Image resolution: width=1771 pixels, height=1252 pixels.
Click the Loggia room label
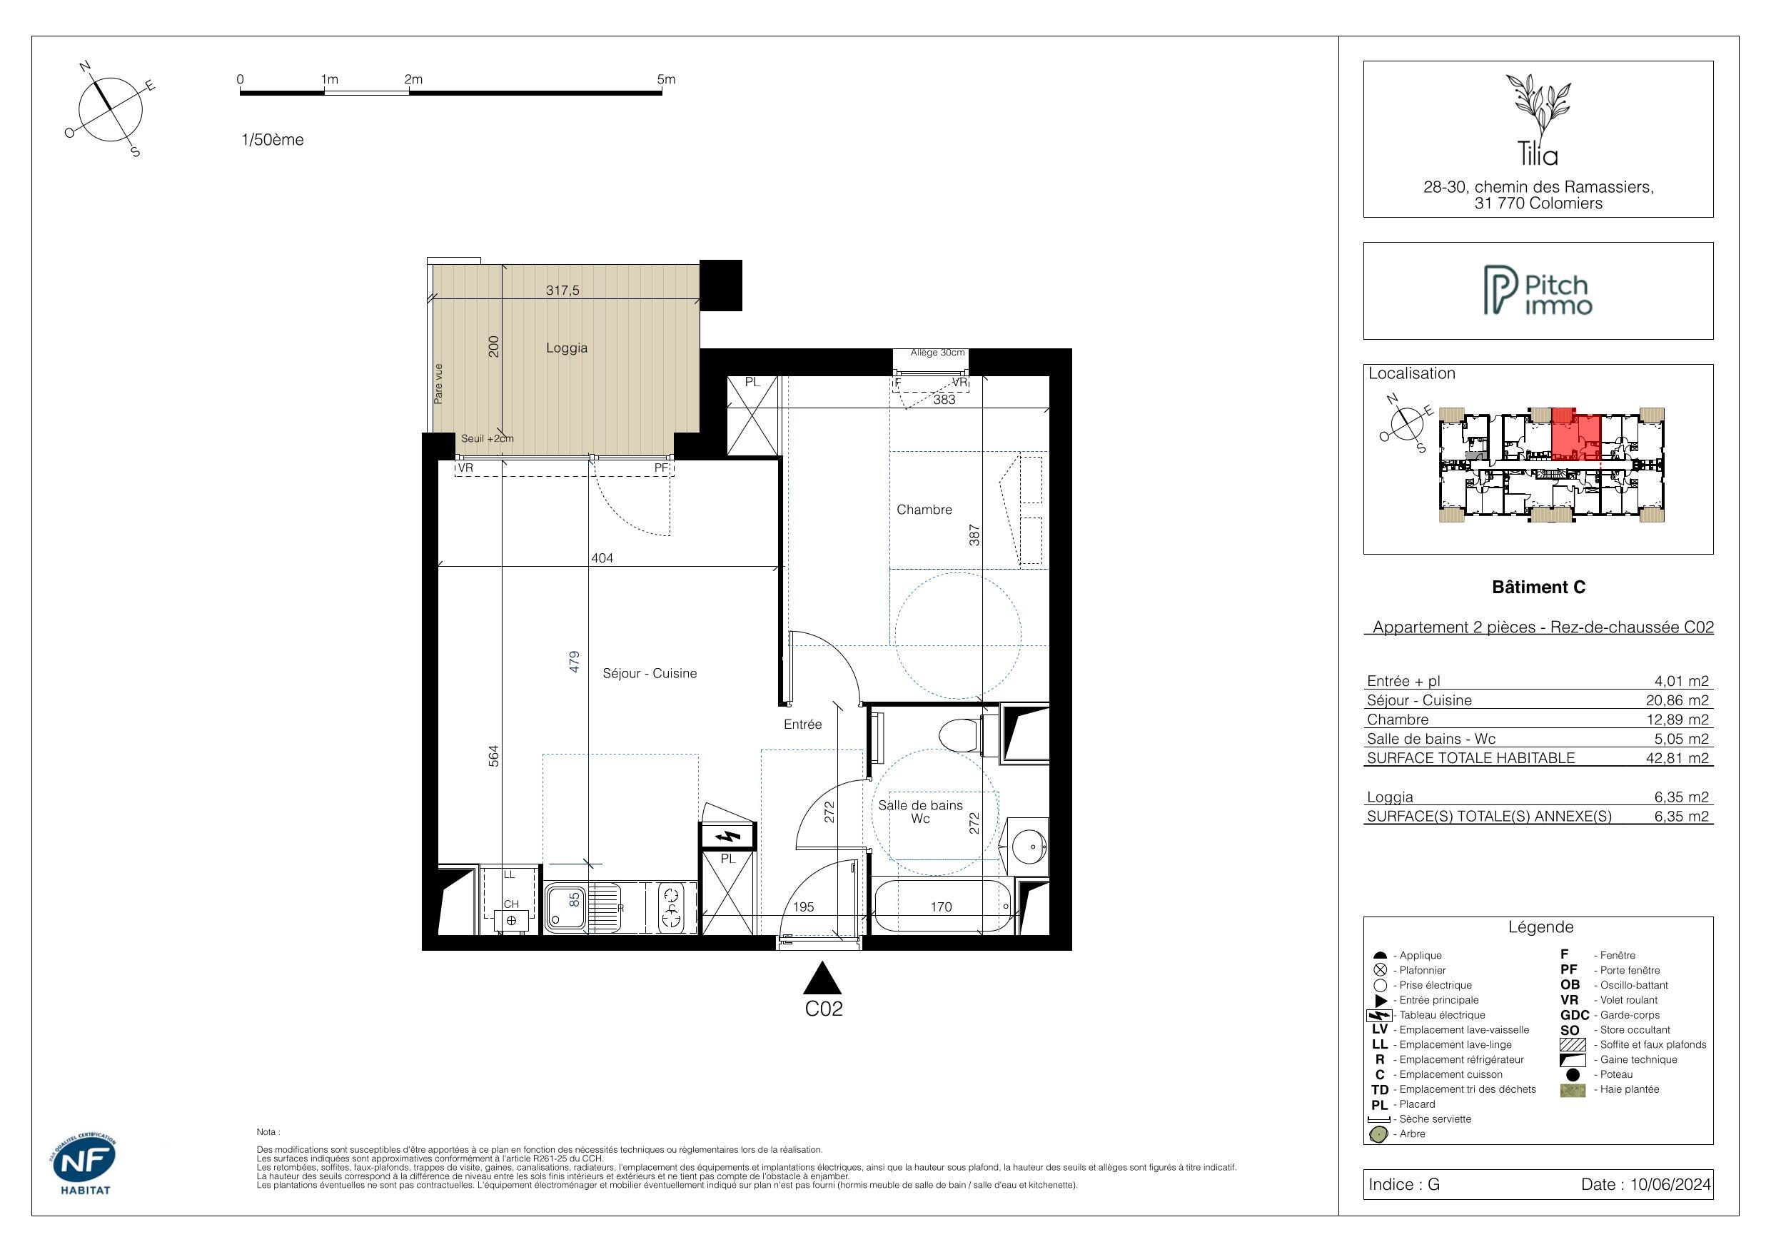pos(566,348)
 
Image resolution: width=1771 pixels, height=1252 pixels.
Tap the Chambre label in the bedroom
pos(924,510)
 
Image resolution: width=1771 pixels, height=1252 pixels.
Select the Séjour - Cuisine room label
pos(650,673)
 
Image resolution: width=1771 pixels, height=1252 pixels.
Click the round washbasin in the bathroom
pos(1028,847)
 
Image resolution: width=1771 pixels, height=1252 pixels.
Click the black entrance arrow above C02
pos(822,977)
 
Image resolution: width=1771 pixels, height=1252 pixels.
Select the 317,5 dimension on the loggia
pos(562,291)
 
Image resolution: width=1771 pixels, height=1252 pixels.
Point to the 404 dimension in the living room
pos(602,557)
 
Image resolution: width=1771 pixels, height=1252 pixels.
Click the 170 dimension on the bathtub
pos(941,907)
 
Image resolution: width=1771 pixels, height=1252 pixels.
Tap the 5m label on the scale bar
pos(666,79)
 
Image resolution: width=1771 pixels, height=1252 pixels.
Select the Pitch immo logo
pos(1538,291)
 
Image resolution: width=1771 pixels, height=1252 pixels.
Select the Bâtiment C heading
pos(1539,587)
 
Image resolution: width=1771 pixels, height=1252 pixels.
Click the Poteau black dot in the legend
pos(1573,1074)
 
